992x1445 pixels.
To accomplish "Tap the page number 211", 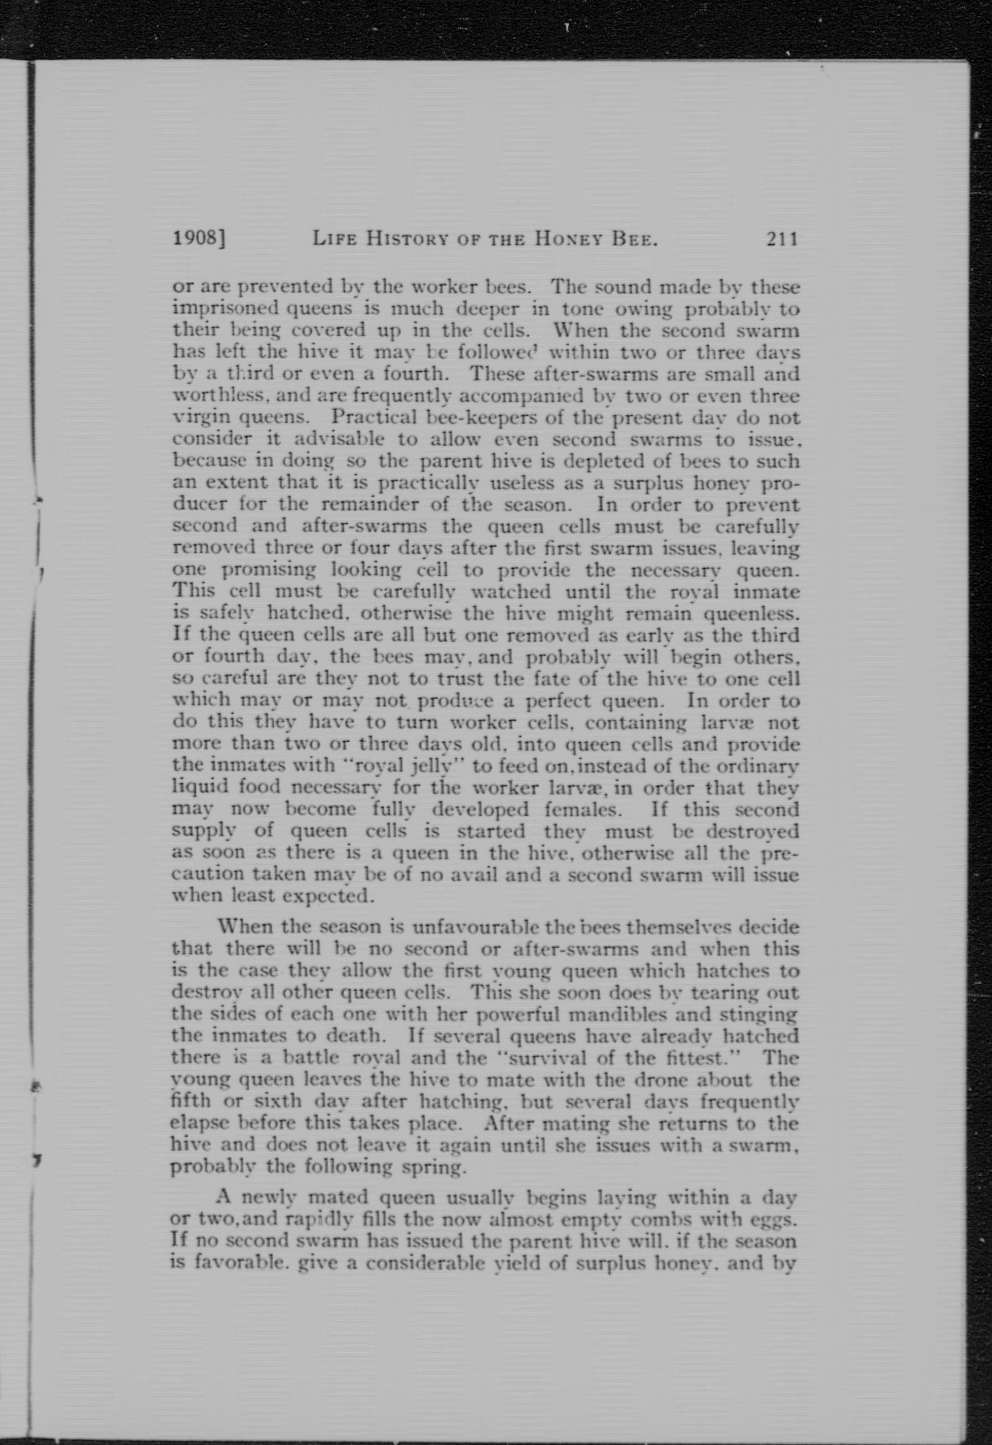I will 781,239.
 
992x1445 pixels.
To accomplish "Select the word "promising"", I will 269,570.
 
